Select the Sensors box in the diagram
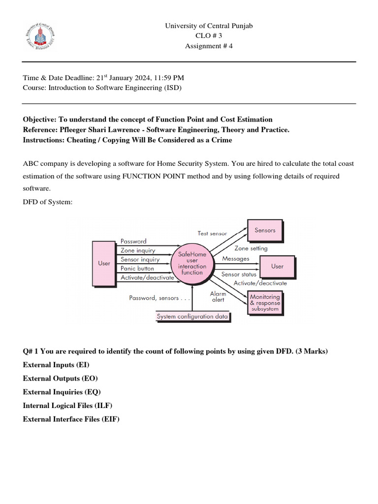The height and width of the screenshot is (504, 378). [265, 230]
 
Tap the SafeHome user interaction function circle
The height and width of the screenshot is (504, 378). [192, 263]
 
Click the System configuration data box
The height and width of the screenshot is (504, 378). [192, 316]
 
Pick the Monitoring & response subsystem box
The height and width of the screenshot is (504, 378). [265, 300]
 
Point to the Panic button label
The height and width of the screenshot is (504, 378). [137, 268]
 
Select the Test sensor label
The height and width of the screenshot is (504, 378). [212, 233]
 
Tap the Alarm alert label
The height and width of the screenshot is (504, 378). [218, 296]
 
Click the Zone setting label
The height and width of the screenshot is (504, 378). [251, 249]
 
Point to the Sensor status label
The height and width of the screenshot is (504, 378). [239, 274]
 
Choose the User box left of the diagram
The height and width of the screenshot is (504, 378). [104, 263]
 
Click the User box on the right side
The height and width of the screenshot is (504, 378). [278, 266]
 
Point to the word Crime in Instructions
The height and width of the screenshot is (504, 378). [221, 140]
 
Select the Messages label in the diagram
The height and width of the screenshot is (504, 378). [236, 258]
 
